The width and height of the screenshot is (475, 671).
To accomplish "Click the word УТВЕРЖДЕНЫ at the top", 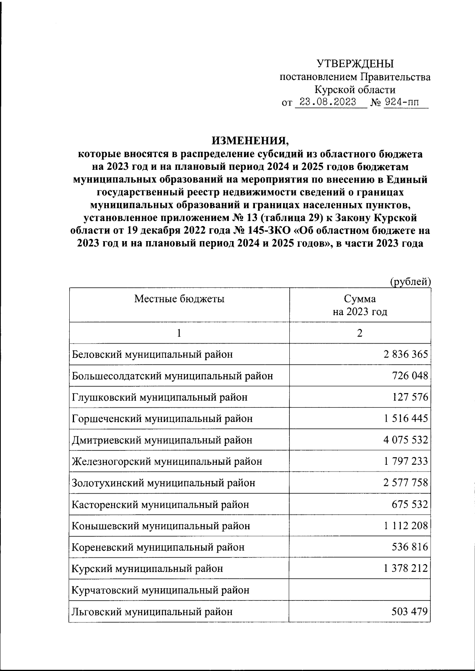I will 355,64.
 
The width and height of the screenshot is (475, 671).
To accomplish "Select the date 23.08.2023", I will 328,102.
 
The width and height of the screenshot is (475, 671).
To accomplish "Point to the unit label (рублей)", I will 410,281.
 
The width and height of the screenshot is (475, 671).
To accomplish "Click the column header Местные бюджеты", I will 179,299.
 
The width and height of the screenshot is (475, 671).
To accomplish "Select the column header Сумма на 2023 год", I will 359,305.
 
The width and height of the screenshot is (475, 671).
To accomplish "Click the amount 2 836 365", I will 405,354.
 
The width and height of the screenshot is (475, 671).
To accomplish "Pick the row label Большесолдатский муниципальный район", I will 172,376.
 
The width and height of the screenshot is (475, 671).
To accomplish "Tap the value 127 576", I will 410,397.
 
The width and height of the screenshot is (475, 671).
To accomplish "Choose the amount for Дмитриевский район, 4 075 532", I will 405,440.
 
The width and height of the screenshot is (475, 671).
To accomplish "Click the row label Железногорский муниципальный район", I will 167,462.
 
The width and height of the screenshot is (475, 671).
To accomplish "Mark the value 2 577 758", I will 405,483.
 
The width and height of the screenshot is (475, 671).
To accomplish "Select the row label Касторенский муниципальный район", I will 160,505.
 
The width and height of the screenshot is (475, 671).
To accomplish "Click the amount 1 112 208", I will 405,526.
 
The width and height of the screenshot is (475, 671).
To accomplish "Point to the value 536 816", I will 410,547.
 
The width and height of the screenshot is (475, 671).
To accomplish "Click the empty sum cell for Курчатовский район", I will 359,590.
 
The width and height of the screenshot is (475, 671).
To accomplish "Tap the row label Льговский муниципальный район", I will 152,612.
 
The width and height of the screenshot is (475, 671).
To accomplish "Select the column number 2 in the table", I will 359,333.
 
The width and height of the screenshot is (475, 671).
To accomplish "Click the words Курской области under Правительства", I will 355,90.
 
